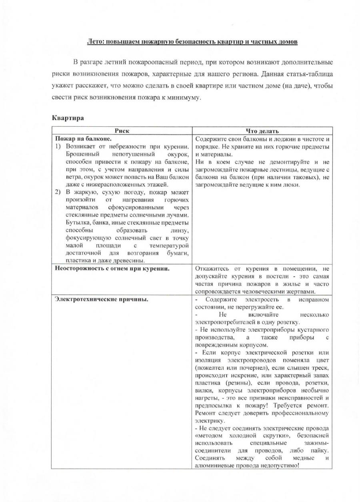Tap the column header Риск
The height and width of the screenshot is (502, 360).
coord(122,131)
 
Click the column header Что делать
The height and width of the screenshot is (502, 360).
coord(262,131)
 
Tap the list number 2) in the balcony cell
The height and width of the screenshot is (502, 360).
coord(58,192)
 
